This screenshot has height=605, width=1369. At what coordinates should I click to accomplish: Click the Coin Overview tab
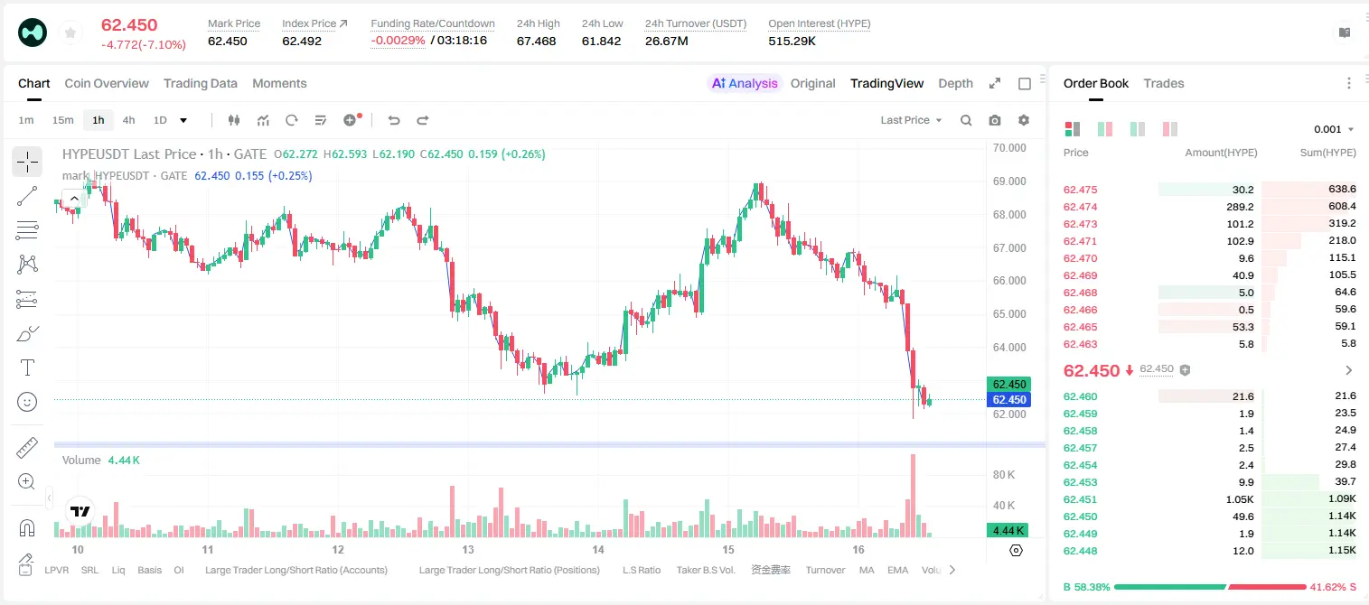[107, 83]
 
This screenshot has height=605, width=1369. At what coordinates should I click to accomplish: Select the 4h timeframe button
[128, 120]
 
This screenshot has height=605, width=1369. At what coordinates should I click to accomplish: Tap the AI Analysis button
[745, 83]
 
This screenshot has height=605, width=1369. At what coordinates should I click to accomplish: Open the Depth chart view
[955, 83]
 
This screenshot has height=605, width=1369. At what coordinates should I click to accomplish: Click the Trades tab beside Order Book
[1164, 83]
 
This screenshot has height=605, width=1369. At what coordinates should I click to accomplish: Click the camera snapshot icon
[995, 120]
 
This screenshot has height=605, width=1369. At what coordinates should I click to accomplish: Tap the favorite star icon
[70, 33]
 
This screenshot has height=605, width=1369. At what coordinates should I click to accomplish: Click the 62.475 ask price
[1080, 190]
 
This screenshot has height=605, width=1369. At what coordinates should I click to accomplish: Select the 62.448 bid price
[1080, 551]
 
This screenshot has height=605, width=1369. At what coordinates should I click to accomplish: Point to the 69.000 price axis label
[1009, 181]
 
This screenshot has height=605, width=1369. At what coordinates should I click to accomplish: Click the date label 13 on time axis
[468, 549]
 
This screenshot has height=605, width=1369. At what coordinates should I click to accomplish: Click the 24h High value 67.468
[536, 41]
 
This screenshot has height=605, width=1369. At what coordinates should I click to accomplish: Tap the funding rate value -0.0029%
[398, 41]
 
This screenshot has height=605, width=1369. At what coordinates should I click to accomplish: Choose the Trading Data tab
[200, 83]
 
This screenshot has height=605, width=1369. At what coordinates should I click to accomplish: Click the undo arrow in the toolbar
[394, 120]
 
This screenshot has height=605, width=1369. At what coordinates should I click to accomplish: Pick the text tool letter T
[27, 368]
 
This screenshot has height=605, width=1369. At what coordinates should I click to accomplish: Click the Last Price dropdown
[911, 120]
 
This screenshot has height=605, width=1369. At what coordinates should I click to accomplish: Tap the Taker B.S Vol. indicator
[705, 570]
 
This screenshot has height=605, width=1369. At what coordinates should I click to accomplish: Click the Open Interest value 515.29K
[792, 41]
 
